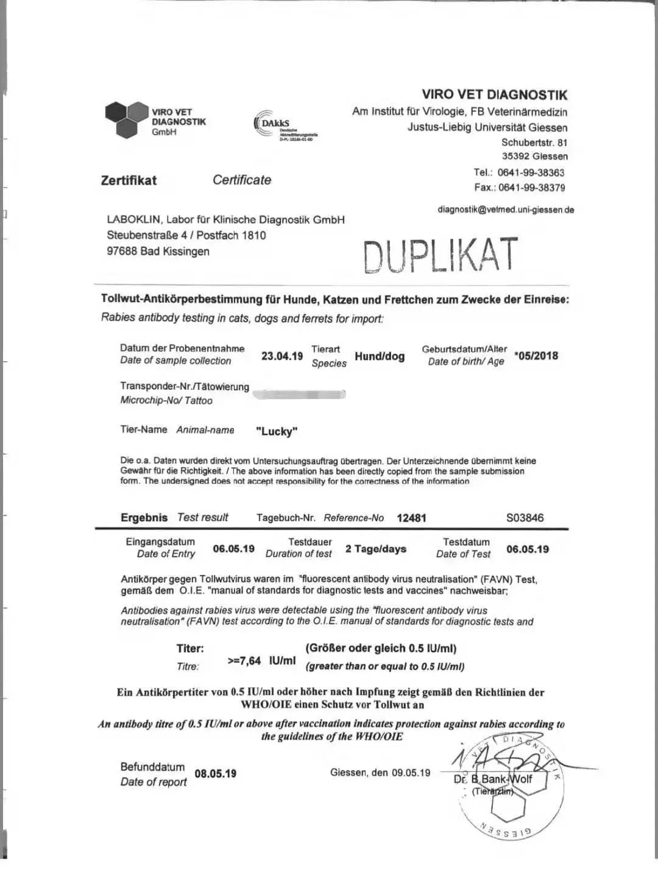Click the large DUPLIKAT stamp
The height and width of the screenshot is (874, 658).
coord(440,255)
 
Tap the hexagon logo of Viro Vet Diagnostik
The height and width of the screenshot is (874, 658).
coord(126,119)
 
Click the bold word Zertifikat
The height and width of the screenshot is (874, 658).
coord(129,180)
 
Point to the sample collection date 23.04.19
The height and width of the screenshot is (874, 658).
coord(282,356)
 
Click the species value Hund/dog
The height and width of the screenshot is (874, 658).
coord(380,356)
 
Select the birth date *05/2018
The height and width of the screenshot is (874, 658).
coord(536,356)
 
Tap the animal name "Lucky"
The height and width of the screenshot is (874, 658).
coord(277,431)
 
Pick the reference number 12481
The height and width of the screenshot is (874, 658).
coord(411,518)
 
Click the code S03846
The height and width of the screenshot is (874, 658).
coord(525,518)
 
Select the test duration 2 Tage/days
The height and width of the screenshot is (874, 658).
coord(376,549)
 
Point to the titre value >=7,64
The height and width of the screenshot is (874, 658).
coord(244,661)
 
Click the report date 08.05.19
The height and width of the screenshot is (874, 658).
coord(216,774)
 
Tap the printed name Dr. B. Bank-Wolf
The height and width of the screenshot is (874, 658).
coord(493,779)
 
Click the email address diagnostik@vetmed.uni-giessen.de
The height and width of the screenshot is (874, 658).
coord(506,210)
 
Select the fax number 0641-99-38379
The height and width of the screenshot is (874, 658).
coord(531,188)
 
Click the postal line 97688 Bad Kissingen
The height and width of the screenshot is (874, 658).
coord(158,252)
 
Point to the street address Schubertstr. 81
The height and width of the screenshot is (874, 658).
coord(534,143)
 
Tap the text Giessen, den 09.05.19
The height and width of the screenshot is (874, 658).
coord(380,773)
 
